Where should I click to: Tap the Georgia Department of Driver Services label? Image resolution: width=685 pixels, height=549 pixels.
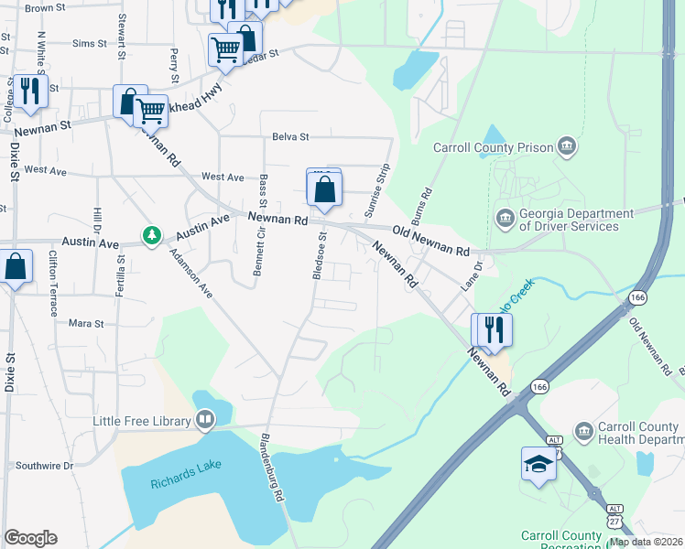click(x=576, y=220)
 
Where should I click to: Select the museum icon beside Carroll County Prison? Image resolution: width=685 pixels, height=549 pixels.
click(x=567, y=146)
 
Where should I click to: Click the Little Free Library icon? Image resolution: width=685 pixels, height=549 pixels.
click(x=205, y=421)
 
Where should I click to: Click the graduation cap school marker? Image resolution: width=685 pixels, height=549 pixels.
click(x=538, y=465)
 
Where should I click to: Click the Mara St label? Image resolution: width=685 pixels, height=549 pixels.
click(x=86, y=323)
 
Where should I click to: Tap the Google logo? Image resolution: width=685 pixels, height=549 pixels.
click(x=30, y=538)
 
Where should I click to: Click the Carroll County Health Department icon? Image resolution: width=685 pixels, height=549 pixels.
click(x=583, y=430)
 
